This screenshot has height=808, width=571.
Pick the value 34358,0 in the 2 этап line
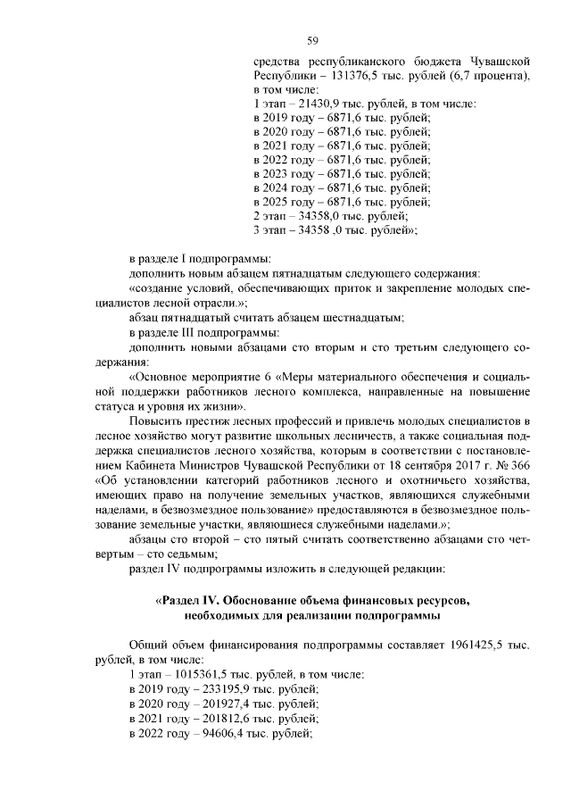pyautogui.click(x=327, y=217)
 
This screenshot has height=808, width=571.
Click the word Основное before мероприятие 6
pyautogui.click(x=166, y=375)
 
